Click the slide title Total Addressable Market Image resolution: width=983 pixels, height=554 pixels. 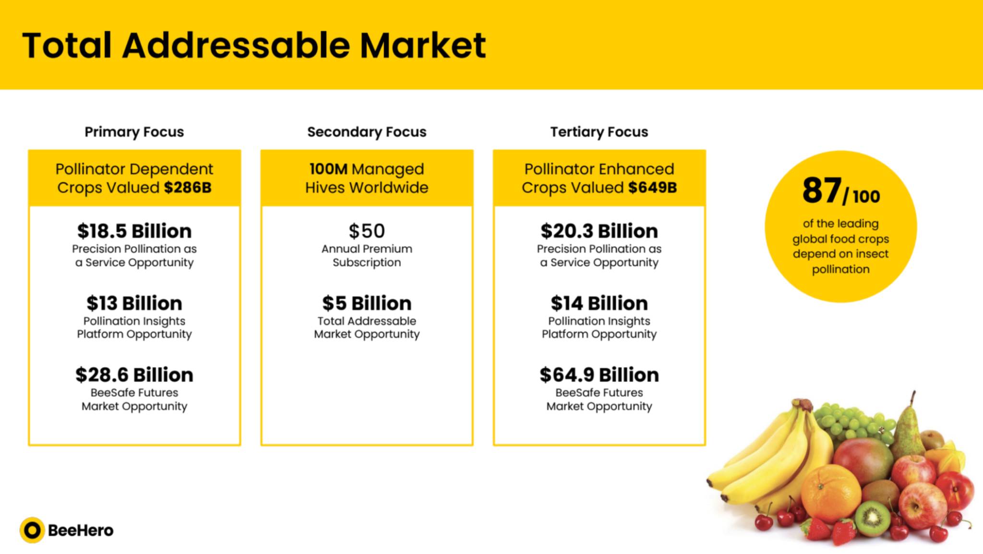(254, 45)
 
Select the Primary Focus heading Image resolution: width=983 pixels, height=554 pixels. (134, 131)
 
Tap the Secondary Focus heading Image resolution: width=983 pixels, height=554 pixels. (367, 131)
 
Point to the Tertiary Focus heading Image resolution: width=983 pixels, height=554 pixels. (599, 131)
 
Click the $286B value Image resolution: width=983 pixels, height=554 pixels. (188, 188)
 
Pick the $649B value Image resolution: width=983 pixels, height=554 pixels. (653, 188)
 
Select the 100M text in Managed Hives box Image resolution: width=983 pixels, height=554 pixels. (328, 169)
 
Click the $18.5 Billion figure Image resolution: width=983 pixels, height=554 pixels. (134, 231)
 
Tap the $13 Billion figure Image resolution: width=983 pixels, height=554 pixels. (134, 303)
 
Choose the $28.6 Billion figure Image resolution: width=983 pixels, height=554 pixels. (134, 375)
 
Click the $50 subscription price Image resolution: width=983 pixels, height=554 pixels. (367, 231)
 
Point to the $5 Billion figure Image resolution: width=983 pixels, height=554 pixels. (367, 303)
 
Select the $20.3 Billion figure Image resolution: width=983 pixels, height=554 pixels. (599, 231)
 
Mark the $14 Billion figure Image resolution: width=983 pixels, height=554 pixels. (599, 303)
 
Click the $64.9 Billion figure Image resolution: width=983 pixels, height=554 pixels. (599, 375)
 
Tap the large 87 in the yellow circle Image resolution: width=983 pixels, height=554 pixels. (822, 190)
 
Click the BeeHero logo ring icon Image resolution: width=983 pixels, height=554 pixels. (32, 530)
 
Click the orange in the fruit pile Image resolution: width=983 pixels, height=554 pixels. (831, 494)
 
